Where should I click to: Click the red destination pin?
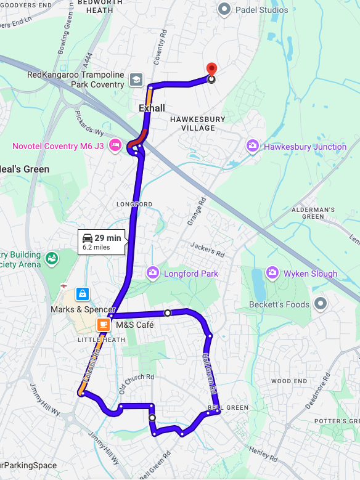(x=211, y=70)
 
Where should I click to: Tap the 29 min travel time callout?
(x=102, y=242)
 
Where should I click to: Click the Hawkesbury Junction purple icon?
(x=252, y=146)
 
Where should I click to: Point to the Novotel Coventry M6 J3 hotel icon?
(x=115, y=146)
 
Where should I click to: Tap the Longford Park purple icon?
(x=152, y=272)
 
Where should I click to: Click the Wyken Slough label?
(x=310, y=273)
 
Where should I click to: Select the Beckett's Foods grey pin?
(x=320, y=304)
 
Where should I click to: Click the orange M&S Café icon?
(x=104, y=325)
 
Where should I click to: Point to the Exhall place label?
(x=152, y=108)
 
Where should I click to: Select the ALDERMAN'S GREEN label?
(x=313, y=213)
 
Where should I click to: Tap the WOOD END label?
(x=289, y=381)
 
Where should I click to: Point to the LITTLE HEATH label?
(x=101, y=340)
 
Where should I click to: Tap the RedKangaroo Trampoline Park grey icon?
(x=136, y=79)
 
